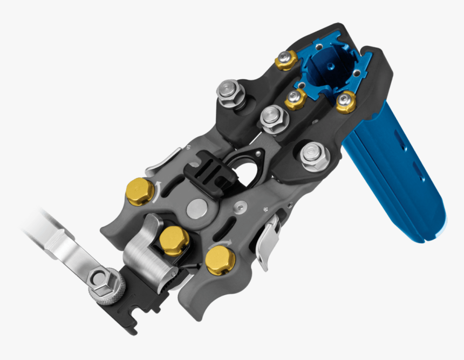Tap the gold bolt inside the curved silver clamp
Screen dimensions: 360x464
(174, 240)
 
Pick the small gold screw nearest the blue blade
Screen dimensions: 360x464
(345, 101)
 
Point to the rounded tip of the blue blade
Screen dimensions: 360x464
(434, 229)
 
